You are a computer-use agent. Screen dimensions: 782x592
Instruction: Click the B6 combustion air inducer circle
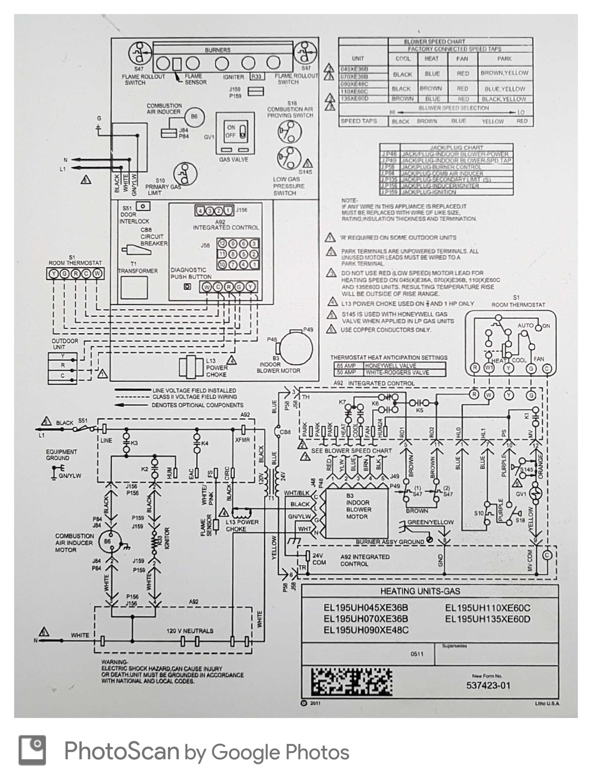[x=194, y=117]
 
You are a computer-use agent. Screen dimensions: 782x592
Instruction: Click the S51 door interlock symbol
[x=143, y=206]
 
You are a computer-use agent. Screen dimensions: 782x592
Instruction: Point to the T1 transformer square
[x=134, y=287]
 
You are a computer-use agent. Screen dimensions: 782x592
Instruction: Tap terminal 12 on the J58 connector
[x=222, y=244]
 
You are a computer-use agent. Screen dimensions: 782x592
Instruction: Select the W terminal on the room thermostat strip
[x=98, y=274]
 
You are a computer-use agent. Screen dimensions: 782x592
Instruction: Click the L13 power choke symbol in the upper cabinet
[x=191, y=367]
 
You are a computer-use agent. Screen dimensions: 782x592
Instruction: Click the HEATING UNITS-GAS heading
[x=420, y=591]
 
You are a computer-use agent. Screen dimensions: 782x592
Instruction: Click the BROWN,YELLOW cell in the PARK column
[x=504, y=73]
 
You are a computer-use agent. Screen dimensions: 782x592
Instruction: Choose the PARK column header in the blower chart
[x=504, y=59]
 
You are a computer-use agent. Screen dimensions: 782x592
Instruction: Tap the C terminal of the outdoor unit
[x=63, y=376]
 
